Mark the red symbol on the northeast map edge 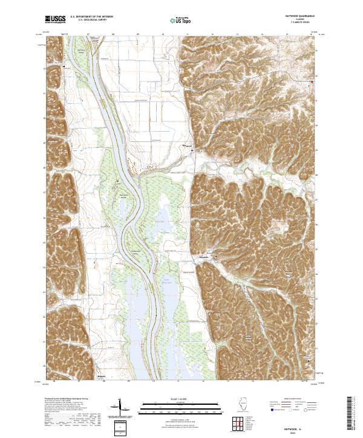[x=312, y=82]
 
